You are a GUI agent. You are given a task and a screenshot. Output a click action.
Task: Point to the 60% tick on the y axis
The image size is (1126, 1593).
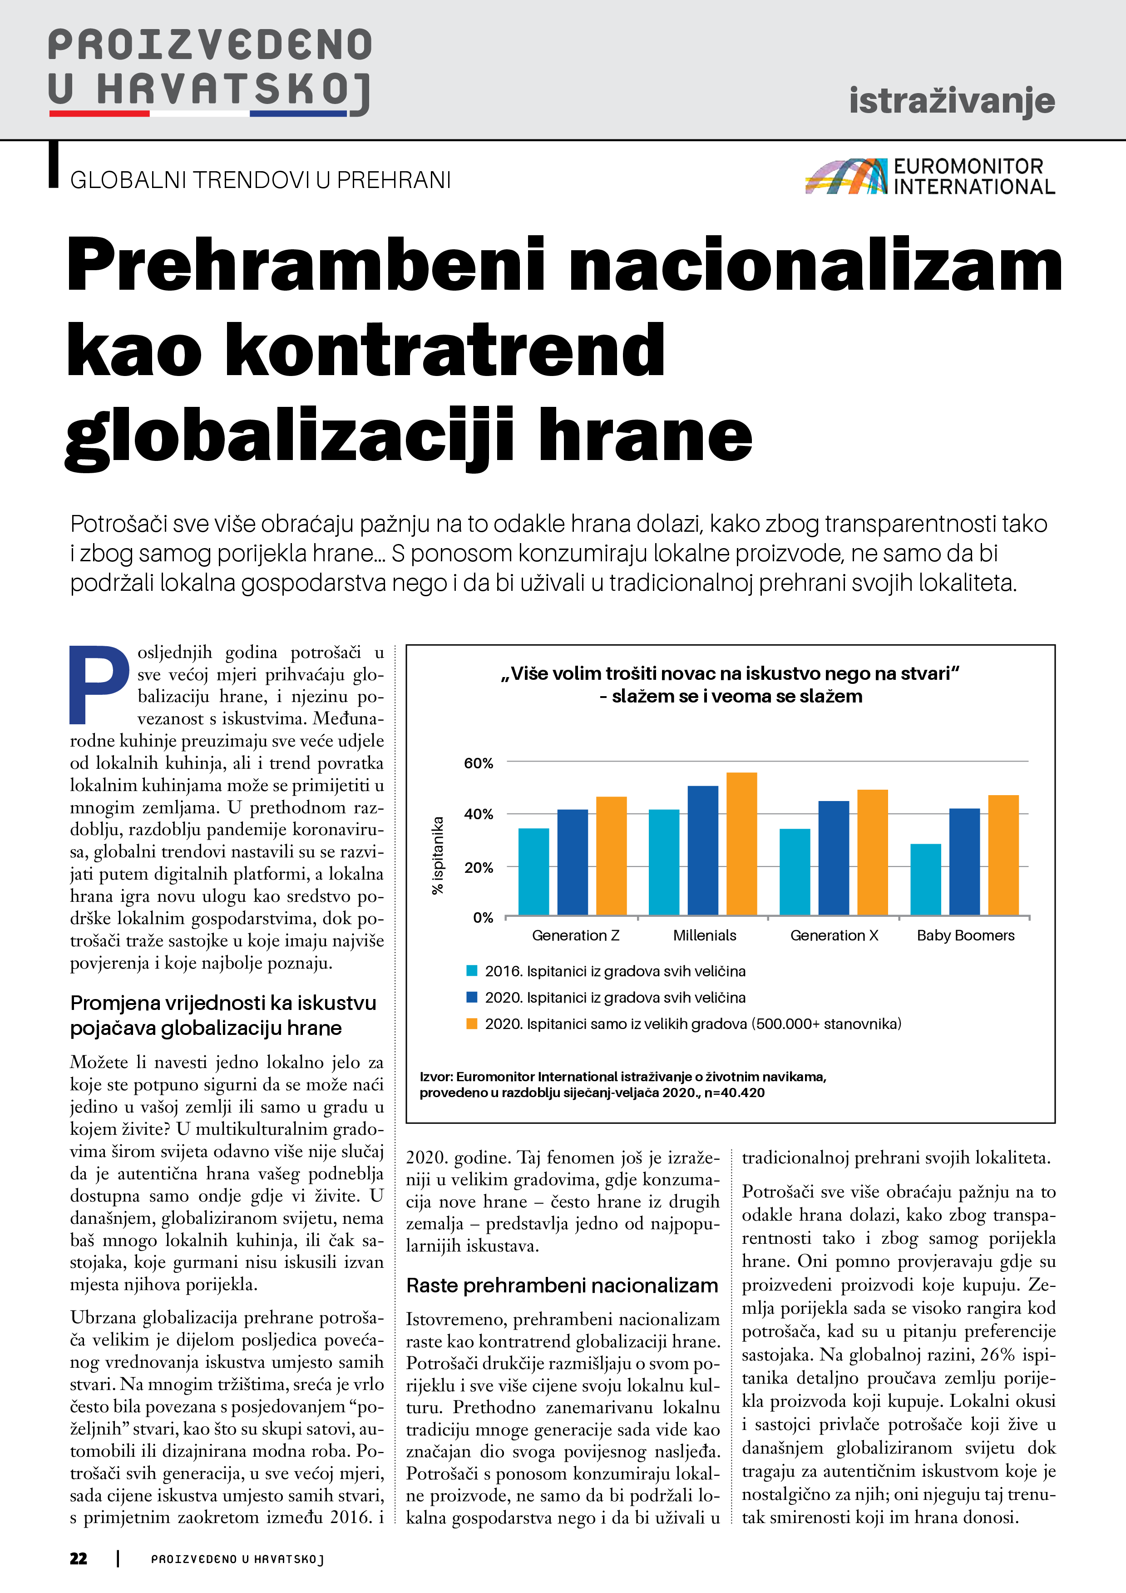coord(478,763)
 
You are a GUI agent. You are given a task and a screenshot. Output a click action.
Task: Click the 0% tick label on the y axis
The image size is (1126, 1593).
coord(482,918)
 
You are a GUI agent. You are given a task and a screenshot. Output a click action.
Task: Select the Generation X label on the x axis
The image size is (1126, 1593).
coord(834,935)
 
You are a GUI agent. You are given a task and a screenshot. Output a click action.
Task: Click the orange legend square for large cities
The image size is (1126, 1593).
coord(472,1024)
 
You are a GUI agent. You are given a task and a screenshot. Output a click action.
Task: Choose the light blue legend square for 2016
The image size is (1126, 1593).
coord(472,970)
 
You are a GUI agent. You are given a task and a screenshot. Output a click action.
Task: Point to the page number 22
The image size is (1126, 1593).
coord(79,1558)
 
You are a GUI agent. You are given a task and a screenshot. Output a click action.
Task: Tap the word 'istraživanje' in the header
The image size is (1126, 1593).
coord(951,101)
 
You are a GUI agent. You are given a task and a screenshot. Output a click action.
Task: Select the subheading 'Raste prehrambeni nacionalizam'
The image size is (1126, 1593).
coord(562,1286)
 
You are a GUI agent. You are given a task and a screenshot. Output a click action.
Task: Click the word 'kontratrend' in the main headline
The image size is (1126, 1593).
coord(444,351)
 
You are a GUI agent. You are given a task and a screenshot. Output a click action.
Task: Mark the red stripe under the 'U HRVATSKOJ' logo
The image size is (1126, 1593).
coord(99,113)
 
